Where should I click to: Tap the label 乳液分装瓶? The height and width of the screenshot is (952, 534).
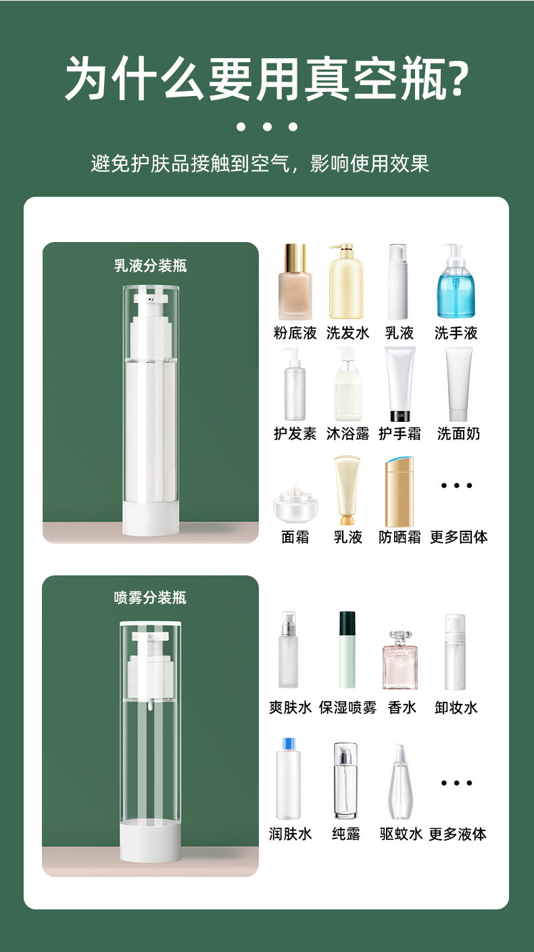point(150,266)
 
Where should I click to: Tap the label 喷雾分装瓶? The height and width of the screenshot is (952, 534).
point(150,598)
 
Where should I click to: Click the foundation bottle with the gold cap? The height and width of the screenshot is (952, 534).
point(295,281)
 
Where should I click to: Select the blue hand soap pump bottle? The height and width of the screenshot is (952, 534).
point(456,281)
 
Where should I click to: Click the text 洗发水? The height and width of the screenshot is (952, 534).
point(348,333)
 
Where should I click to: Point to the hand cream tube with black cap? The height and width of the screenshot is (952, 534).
point(399,384)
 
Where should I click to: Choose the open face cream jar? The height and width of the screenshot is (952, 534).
point(295,504)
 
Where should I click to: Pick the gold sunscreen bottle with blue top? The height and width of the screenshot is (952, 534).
point(399,492)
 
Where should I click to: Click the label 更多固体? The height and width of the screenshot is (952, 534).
point(458,538)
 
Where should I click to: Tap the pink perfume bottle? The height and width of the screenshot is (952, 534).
point(400,660)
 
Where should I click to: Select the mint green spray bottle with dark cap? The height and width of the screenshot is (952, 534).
point(347,649)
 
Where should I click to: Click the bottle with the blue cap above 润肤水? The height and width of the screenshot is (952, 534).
point(289,779)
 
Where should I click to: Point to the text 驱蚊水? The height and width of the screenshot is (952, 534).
point(401,834)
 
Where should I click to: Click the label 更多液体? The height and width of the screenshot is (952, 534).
point(458,834)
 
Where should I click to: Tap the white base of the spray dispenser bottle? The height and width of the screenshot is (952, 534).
point(150,842)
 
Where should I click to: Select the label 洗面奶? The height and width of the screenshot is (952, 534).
point(458,433)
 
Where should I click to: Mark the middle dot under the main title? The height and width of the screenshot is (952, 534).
point(267,126)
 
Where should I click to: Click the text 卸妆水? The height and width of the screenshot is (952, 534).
point(456,708)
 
